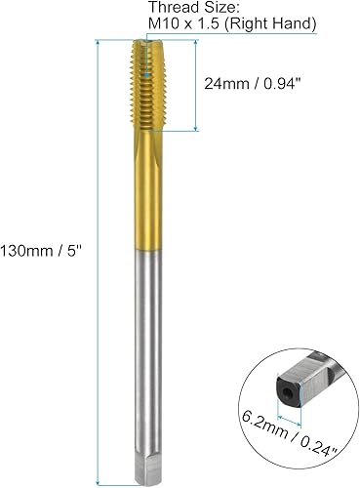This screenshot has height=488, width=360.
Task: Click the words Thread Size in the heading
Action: [x=185, y=8]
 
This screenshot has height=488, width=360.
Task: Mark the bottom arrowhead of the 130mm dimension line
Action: [x=100, y=478]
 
